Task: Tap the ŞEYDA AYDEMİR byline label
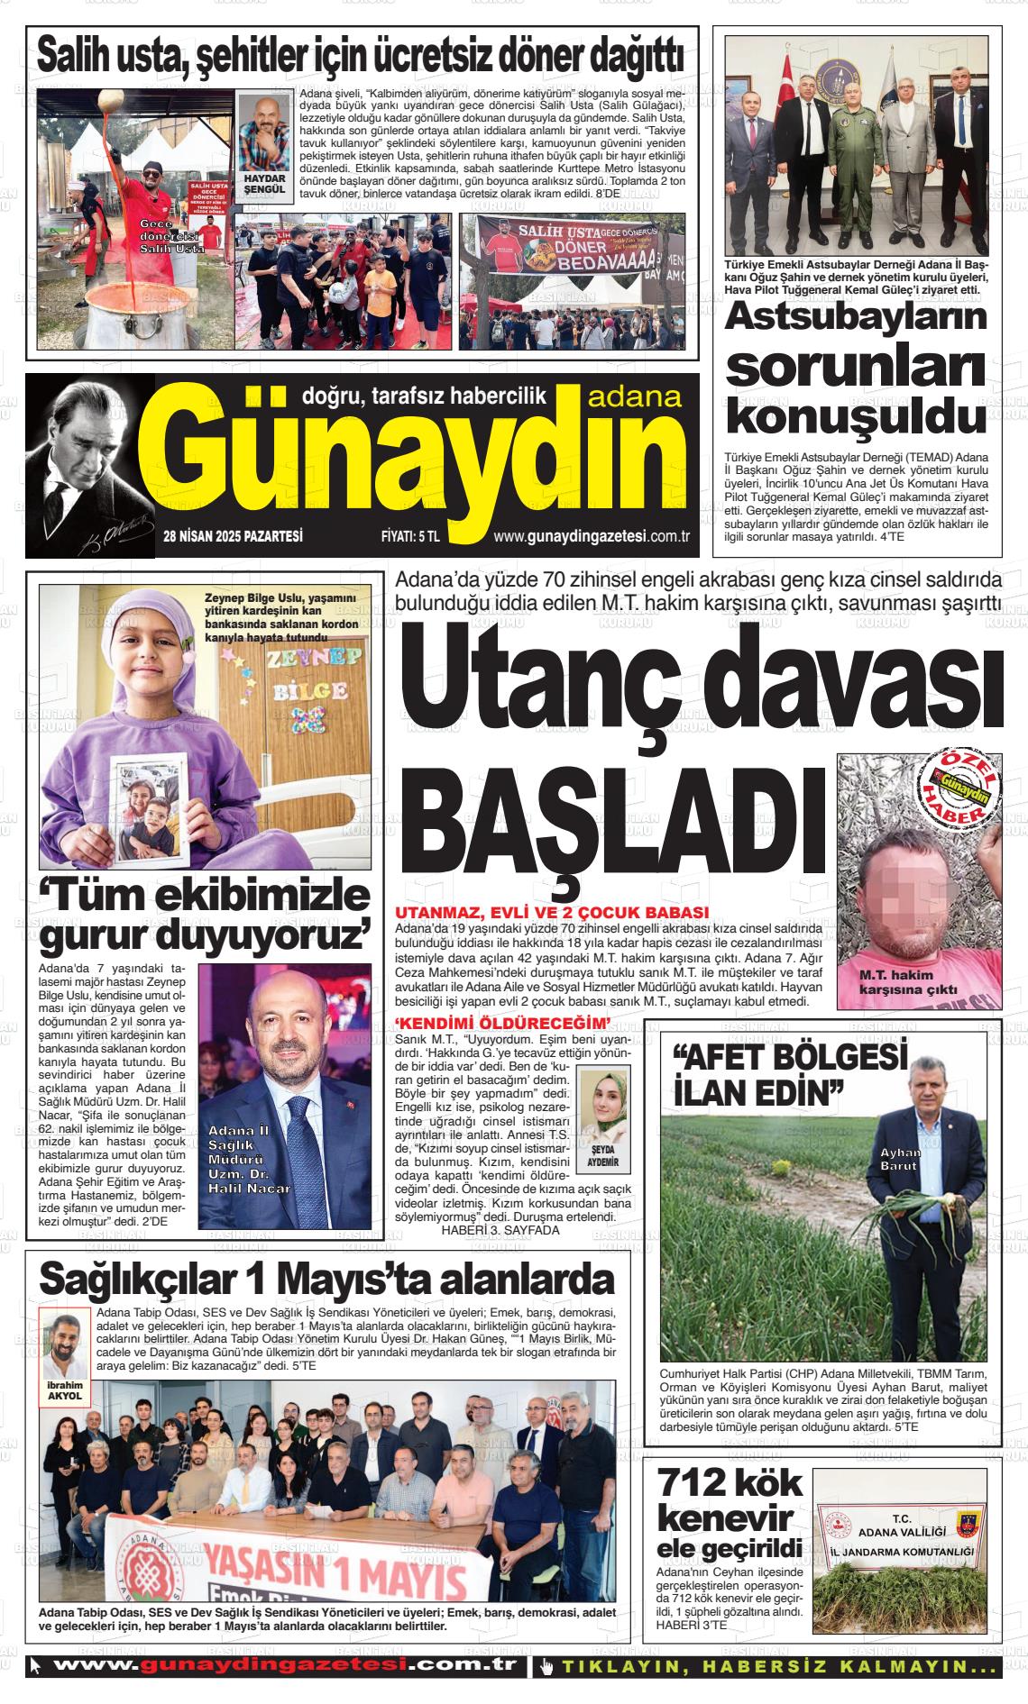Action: tap(603, 1156)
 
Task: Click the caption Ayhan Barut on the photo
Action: tap(900, 1159)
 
